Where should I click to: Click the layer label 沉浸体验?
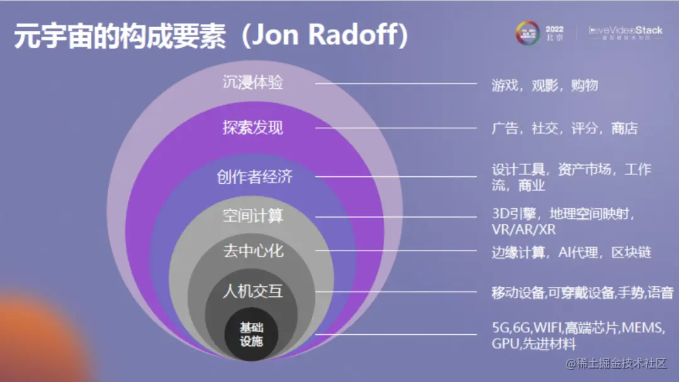click(x=253, y=82)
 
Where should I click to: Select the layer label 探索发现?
click(x=253, y=128)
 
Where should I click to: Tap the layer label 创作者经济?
click(x=255, y=177)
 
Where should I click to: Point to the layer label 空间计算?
click(x=253, y=216)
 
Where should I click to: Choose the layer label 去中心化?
click(x=253, y=251)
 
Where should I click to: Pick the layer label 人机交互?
click(x=253, y=291)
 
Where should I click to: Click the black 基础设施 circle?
click(x=251, y=335)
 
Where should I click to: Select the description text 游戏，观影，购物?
click(x=544, y=85)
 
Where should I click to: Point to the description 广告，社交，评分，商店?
click(x=565, y=128)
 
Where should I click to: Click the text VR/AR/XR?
click(x=524, y=230)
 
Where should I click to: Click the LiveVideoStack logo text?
click(x=626, y=30)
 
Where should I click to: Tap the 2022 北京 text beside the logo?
click(x=555, y=33)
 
